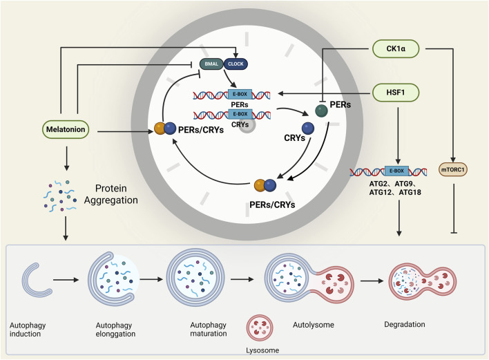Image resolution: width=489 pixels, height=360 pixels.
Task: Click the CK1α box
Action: point(396,48)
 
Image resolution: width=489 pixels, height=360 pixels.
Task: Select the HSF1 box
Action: point(396,93)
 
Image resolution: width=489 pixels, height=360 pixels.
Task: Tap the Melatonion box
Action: point(66,129)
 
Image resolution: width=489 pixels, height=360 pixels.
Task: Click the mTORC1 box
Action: point(453,170)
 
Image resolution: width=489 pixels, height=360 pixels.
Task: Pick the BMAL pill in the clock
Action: point(211,64)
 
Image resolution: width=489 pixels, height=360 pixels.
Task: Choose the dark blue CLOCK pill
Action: point(236,64)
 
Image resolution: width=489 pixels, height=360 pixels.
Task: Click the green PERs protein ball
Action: point(321,111)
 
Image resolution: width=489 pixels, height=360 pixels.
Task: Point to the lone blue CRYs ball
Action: point(308,129)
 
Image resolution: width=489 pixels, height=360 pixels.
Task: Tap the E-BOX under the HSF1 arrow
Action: point(396,171)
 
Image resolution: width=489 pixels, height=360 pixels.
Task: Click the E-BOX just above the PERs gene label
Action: point(240,94)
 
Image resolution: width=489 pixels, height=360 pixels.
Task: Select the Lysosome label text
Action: point(262,350)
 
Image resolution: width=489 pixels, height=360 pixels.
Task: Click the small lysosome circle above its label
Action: point(260,328)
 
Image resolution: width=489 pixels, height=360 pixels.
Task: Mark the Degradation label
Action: point(405,325)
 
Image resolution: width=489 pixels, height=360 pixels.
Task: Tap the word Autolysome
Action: point(314,325)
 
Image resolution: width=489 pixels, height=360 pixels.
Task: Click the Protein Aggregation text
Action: point(111,194)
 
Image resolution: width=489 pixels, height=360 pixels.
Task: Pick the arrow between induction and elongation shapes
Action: point(66,280)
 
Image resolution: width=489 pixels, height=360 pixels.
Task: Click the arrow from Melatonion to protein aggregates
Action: point(66,158)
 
